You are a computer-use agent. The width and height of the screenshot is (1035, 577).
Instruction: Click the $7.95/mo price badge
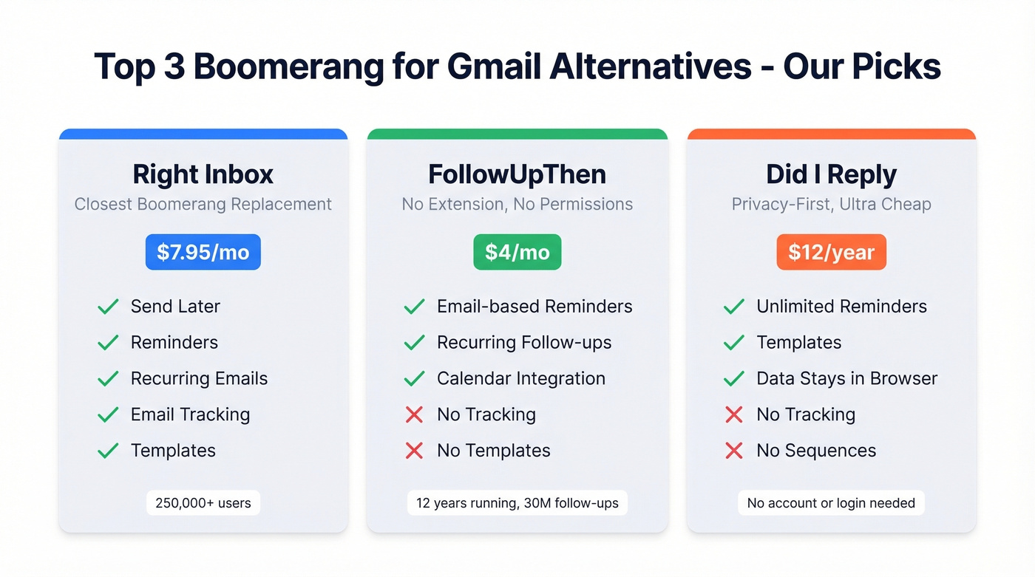[203, 253]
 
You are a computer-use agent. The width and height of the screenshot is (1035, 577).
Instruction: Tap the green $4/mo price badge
[517, 253]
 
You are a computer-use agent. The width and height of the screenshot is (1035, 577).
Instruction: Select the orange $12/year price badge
[832, 253]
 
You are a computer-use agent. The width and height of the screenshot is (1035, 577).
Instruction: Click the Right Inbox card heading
[203, 174]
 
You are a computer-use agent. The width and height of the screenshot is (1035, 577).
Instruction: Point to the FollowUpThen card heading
[517, 174]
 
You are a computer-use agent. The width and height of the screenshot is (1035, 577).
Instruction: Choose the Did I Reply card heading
[832, 174]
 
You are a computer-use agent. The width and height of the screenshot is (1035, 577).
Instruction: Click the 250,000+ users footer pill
[203, 504]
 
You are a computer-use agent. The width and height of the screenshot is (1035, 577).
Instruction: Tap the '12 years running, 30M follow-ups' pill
[517, 504]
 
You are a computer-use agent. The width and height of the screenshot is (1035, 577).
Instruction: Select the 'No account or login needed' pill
[831, 504]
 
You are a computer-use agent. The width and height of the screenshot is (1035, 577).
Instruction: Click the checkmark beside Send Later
[109, 307]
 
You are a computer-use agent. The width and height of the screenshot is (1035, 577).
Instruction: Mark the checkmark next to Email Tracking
[109, 415]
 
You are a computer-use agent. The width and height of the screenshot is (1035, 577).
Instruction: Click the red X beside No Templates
[415, 451]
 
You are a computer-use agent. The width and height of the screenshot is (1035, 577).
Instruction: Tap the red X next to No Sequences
[734, 451]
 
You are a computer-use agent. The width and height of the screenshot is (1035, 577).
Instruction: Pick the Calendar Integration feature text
[521, 379]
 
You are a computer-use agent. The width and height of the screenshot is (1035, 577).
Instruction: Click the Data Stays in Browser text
[846, 379]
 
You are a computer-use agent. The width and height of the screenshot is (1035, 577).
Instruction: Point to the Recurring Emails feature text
[199, 379]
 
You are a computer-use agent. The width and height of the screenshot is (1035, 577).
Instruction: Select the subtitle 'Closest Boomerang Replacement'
[203, 205]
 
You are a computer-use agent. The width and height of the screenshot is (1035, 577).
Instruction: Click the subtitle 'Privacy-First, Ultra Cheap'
[832, 205]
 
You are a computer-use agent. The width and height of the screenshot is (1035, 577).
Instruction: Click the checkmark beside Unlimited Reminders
[734, 307]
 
